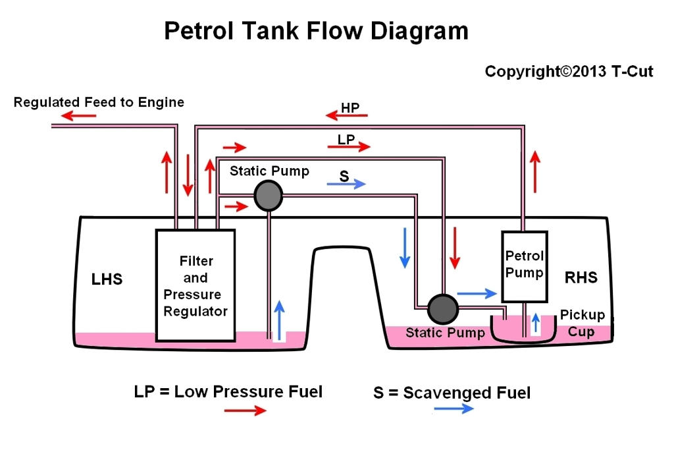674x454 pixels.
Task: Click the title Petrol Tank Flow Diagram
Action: pos(316,31)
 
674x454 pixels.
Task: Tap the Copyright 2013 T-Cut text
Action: pos(569,71)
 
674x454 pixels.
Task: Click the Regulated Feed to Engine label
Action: pos(99,102)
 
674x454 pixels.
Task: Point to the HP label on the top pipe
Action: pos(350,107)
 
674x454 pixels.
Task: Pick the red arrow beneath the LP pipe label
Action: pos(349,147)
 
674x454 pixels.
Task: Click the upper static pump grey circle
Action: pos(269,196)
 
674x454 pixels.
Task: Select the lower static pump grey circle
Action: pos(442,308)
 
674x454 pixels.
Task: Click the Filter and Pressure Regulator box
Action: pos(195,285)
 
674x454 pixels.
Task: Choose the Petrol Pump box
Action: pos(525,265)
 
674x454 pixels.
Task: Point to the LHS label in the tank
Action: pos(107,279)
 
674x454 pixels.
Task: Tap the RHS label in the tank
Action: pos(581,277)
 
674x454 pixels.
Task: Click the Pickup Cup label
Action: pos(582,323)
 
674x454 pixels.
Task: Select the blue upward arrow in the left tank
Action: pos(279,318)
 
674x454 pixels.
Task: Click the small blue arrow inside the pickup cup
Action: pos(536,323)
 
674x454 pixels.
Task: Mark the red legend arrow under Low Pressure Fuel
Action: pos(245,411)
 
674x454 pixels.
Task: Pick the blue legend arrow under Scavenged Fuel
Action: pos(454,409)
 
